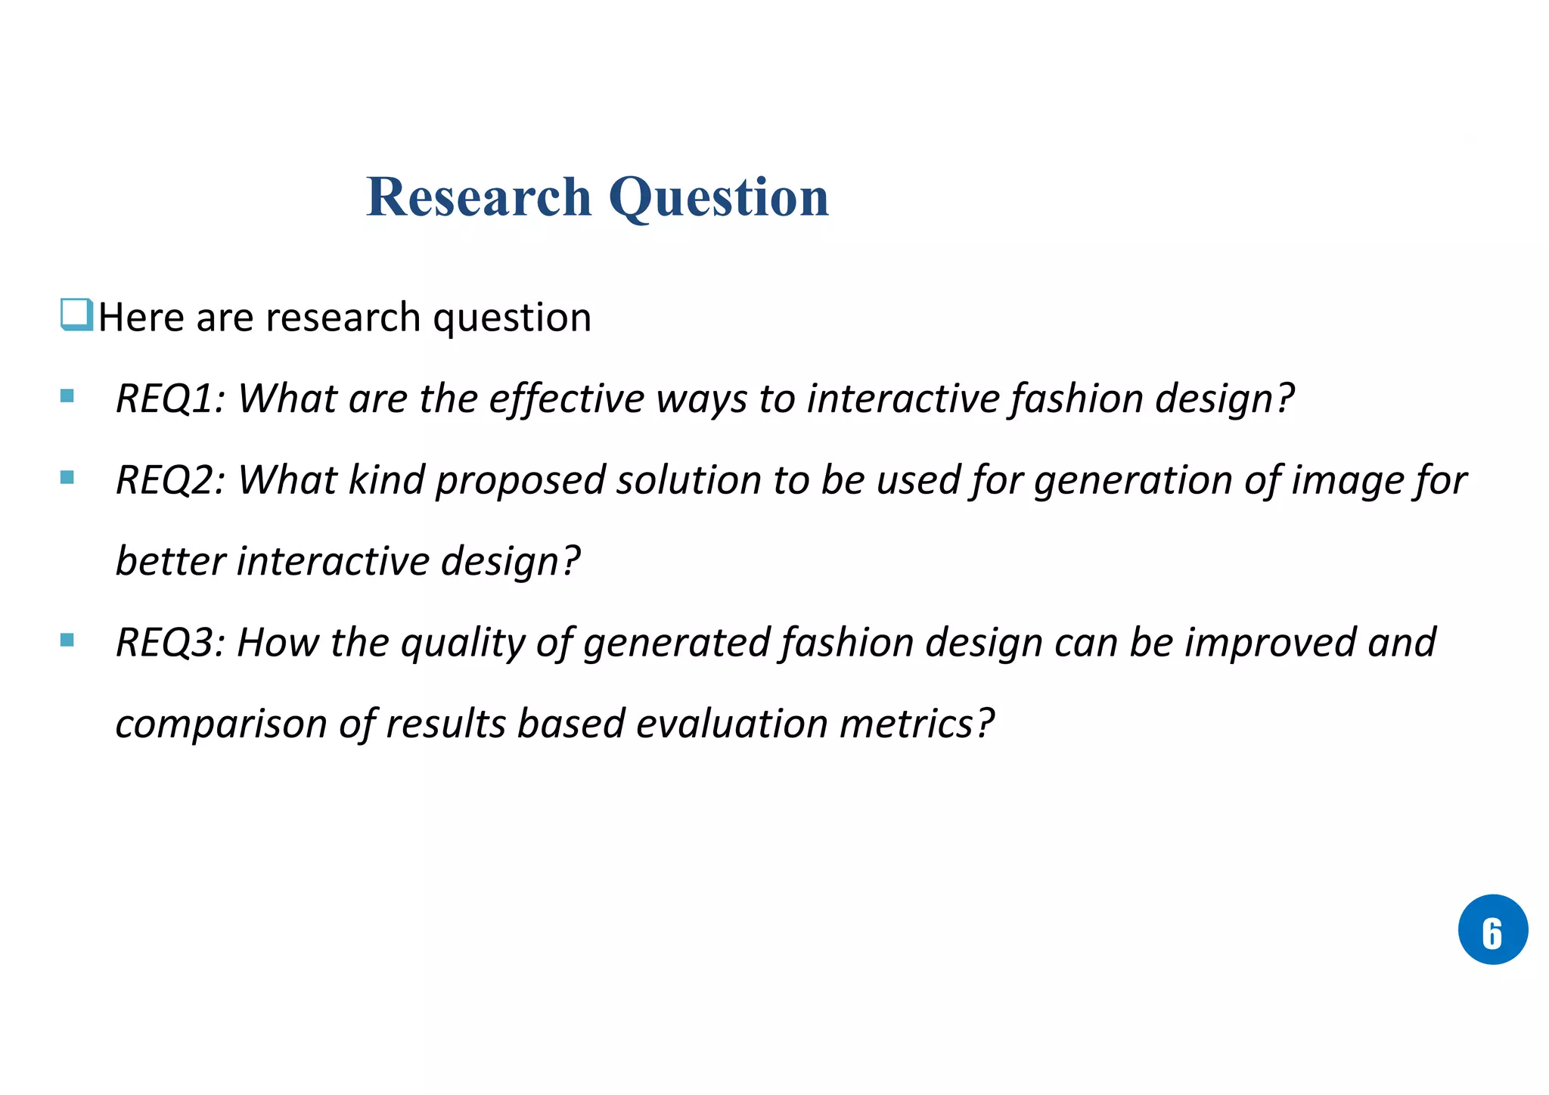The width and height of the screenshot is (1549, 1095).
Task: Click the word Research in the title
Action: tap(478, 197)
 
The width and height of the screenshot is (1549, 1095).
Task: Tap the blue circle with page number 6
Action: tap(1492, 929)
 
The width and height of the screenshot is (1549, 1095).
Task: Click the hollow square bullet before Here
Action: tap(76, 315)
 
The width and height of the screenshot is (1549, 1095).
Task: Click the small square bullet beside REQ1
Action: tap(67, 396)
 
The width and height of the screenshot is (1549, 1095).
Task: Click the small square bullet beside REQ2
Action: tap(67, 477)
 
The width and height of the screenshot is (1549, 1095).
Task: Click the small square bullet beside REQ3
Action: tap(67, 640)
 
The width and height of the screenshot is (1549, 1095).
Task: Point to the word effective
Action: tap(567, 398)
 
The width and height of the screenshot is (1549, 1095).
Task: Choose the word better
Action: tap(171, 561)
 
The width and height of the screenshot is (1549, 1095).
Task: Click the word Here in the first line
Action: tap(141, 317)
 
